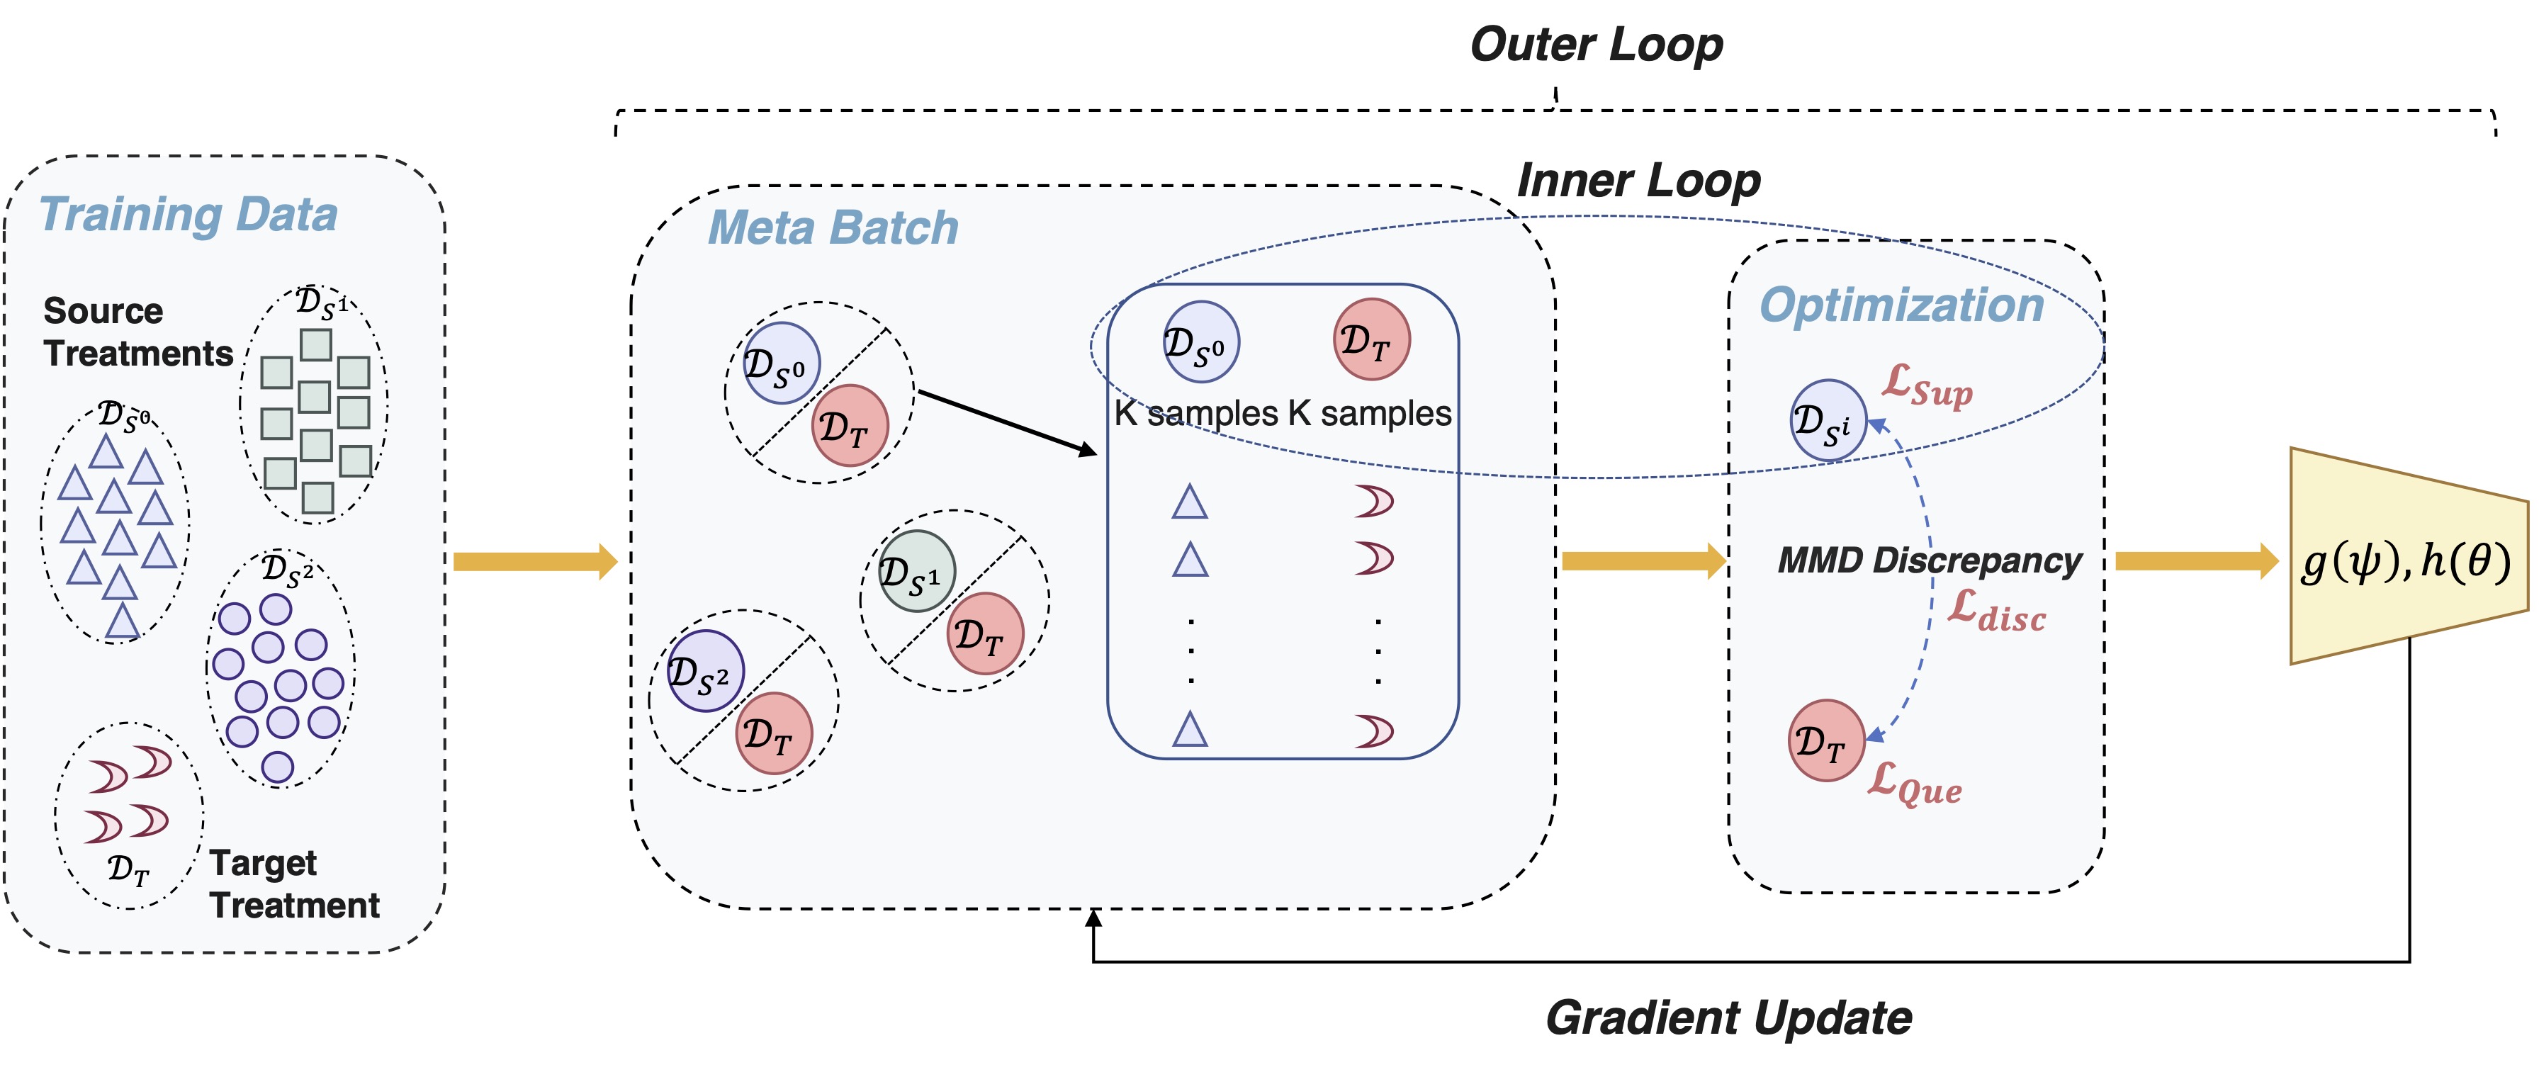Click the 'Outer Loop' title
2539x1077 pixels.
point(1596,45)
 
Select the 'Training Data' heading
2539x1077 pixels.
point(188,215)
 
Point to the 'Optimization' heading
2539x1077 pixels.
point(1901,305)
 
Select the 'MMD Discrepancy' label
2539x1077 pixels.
point(1929,560)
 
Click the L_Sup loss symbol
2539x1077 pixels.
point(1927,385)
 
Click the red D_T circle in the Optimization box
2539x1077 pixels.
point(1826,741)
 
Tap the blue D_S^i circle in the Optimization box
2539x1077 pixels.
point(1828,422)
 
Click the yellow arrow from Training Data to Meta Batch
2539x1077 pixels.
point(535,562)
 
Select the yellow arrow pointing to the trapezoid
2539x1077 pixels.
point(2197,562)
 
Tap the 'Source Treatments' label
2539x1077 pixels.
point(138,332)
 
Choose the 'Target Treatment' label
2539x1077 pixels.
point(293,884)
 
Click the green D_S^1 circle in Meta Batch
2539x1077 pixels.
point(917,572)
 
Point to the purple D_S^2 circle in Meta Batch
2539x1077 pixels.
point(706,672)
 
